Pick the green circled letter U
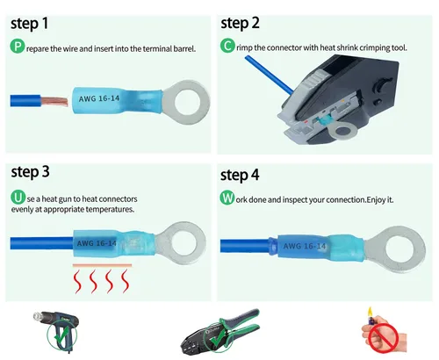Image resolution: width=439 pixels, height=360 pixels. coord(17,198)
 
